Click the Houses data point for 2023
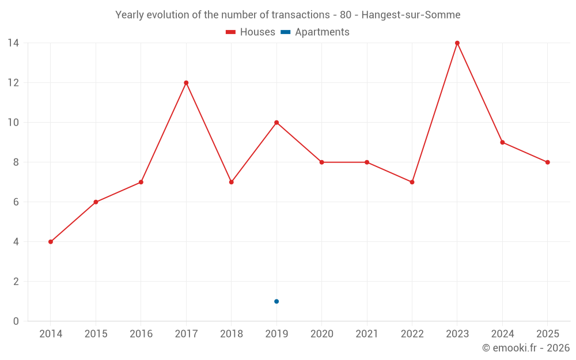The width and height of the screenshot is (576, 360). pos(457,43)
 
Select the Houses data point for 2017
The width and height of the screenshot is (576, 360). pos(186,83)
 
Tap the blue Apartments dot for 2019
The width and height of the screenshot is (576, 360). pos(276,301)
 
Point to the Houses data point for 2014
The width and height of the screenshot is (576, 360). pos(51,242)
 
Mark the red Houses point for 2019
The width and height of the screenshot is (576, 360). pos(276,123)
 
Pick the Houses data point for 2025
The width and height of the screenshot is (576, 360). pos(547,162)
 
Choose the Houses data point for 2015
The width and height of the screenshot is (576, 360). pos(96,202)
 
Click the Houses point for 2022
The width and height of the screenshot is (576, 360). pos(412,182)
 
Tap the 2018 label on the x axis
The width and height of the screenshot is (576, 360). pos(231,334)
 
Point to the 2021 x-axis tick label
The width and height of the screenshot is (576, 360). pos(367,334)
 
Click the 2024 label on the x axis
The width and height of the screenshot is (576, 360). pos(502,334)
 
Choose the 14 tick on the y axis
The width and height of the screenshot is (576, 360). pos(13,43)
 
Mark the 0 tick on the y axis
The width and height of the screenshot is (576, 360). pos(16,321)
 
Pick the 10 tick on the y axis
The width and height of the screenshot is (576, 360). pos(13,123)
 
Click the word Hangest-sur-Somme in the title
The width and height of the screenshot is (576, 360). pos(411,15)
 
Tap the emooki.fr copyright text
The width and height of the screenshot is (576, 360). pos(526,348)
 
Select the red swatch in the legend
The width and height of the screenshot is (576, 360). pos(231,32)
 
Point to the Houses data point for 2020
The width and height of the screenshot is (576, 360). pos(321,162)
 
